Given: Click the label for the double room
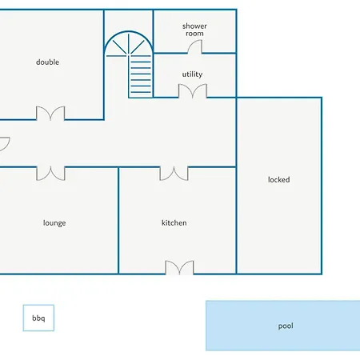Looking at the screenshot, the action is click(x=47, y=62).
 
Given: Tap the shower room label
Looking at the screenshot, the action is click(x=194, y=30).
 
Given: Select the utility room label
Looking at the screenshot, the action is click(x=192, y=74).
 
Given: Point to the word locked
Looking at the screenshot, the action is click(x=279, y=179).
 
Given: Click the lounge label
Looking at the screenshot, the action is click(x=54, y=223).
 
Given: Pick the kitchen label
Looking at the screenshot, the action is click(x=174, y=222).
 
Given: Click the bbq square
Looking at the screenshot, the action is click(x=38, y=318).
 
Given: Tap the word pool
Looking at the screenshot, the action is click(x=286, y=326).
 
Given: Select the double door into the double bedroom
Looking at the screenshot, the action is click(x=50, y=114).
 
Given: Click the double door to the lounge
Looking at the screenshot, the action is click(x=50, y=174).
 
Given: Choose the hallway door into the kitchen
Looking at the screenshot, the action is click(x=174, y=174).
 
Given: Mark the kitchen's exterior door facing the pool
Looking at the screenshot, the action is click(x=179, y=267).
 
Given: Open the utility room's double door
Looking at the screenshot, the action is click(x=193, y=91).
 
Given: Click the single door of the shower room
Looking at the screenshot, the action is click(x=195, y=46).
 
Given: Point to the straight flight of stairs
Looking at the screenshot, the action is click(x=141, y=77).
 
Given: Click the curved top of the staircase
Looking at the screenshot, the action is click(x=129, y=32).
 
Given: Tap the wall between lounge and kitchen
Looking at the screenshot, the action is click(x=118, y=221).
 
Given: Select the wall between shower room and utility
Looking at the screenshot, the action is click(x=194, y=54).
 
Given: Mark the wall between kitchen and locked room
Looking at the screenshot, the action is click(x=236, y=221).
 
